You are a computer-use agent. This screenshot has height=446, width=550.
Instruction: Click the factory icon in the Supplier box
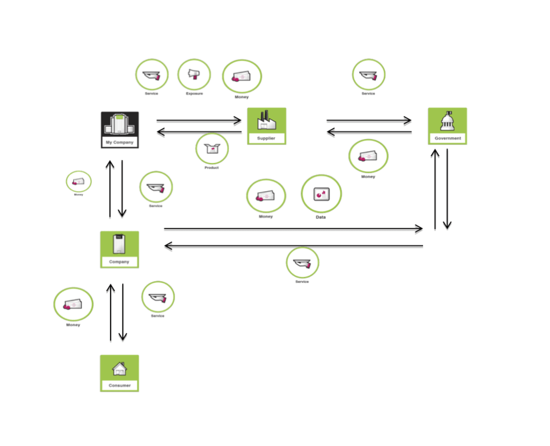[266, 120]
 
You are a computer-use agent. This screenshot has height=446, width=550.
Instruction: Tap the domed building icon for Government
[447, 121]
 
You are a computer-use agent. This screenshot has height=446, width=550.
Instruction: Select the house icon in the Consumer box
[119, 369]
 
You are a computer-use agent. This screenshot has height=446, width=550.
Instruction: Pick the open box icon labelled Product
[212, 148]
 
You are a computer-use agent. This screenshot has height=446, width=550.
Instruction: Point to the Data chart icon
[321, 194]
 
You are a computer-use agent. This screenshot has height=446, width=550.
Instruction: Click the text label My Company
[119, 143]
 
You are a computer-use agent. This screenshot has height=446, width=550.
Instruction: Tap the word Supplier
[266, 138]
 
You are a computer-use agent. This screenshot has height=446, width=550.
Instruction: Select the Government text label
[448, 138]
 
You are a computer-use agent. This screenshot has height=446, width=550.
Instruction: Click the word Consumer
[119, 386]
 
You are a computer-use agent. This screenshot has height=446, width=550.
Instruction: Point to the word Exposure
[194, 94]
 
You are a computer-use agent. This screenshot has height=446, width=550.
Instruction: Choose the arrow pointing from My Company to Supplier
[199, 120]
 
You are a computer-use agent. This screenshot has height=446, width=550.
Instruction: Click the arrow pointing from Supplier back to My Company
[199, 132]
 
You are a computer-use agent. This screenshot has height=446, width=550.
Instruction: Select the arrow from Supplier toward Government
[369, 120]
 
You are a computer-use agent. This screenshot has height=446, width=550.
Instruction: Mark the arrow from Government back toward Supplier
[369, 132]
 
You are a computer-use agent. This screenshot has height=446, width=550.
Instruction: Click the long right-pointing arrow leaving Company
[293, 228]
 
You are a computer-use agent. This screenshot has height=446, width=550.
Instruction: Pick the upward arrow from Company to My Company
[110, 189]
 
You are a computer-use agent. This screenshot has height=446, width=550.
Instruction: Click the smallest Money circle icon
[79, 181]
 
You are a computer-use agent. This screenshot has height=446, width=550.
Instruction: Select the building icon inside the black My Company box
[119, 125]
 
